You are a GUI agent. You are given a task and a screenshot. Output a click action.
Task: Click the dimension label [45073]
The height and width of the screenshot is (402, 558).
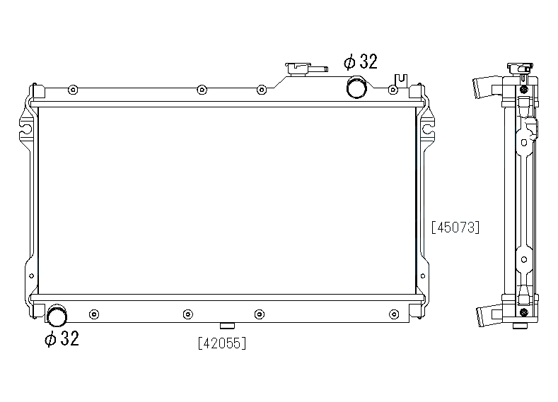[455, 227]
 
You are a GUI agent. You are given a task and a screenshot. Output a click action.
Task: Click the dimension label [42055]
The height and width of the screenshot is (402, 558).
[222, 343]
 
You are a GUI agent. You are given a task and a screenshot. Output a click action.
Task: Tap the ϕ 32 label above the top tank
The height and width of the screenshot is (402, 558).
[361, 61]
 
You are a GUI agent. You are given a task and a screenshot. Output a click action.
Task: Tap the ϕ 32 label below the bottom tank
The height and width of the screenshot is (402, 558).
[62, 338]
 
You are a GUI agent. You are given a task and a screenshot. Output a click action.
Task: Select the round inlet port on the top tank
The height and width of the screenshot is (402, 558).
[356, 87]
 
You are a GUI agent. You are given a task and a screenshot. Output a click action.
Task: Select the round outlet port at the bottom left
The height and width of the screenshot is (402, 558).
[57, 315]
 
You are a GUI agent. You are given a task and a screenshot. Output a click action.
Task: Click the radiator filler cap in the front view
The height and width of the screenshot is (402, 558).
[298, 69]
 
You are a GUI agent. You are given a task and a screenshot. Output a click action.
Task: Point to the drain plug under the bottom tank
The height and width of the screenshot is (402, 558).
[228, 326]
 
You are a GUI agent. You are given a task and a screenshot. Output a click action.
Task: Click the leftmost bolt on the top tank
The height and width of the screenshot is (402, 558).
[73, 90]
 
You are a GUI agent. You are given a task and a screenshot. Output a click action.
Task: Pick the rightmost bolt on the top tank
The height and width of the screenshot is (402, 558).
[393, 90]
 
